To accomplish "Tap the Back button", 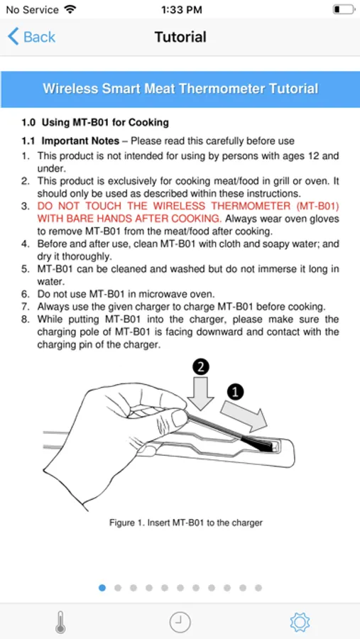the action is (x=31, y=37).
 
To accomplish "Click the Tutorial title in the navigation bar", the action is (x=180, y=37).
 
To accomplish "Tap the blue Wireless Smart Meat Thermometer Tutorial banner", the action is (x=180, y=89).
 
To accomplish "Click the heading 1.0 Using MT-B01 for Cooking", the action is (x=95, y=122).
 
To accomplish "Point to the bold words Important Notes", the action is (x=80, y=141).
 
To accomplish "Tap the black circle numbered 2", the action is (x=200, y=367).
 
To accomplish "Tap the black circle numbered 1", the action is (x=235, y=392).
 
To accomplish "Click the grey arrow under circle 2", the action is (x=201, y=393).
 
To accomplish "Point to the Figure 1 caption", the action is (x=185, y=523).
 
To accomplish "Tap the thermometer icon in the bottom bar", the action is (x=60, y=622).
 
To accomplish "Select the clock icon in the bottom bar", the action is (x=180, y=622).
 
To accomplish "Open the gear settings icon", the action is (x=300, y=622).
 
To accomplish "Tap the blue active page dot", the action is (x=102, y=588).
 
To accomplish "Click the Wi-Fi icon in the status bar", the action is (x=70, y=9).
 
